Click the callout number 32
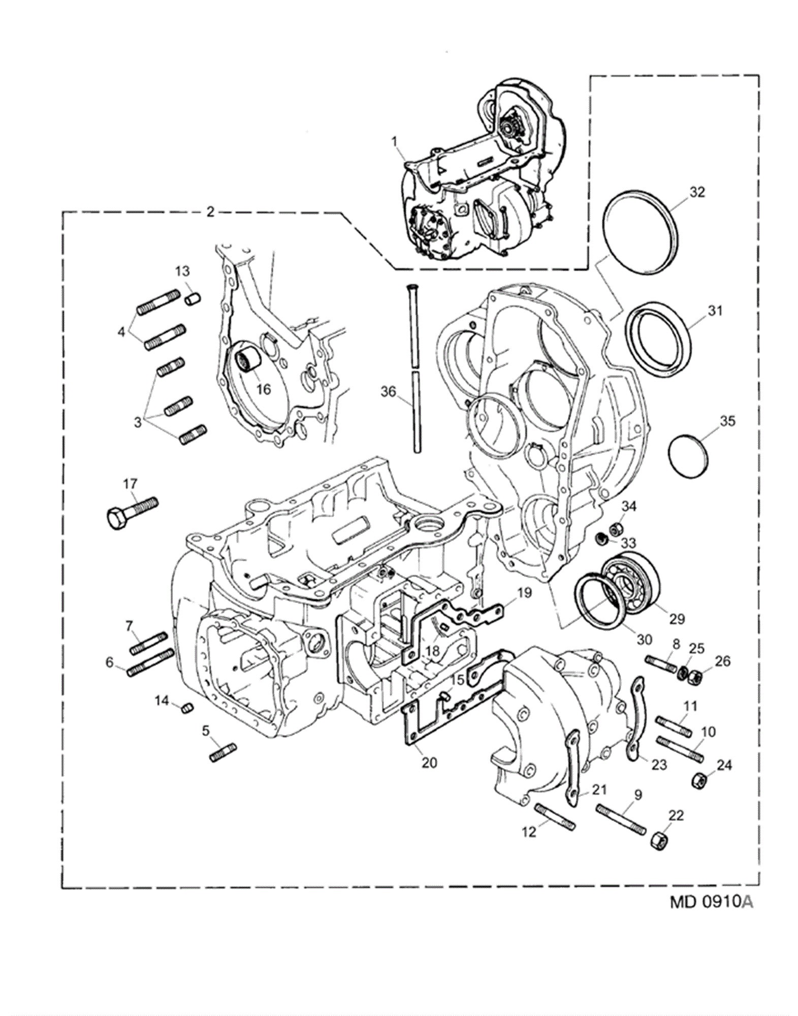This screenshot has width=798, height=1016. coord(697,193)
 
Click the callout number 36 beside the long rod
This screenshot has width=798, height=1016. coord(388,391)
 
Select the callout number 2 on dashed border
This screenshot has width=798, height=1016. coord(210,213)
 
